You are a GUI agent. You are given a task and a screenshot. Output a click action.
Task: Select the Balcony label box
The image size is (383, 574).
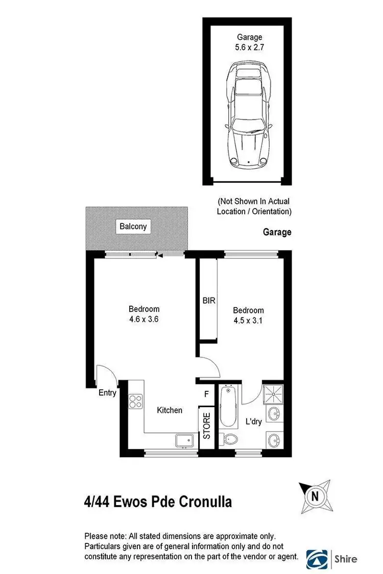coord(133,226)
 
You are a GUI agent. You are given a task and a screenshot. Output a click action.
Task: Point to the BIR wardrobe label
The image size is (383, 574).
coord(208,301)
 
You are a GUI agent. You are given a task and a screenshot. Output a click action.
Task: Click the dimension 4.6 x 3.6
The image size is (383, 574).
coord(143,320)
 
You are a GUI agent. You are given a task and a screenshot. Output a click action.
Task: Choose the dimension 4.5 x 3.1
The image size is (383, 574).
coord(248,321)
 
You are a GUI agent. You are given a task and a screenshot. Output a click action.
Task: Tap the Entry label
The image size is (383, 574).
coord(107,393)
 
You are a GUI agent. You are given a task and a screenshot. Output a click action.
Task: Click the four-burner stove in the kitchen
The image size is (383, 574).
coord(135,401)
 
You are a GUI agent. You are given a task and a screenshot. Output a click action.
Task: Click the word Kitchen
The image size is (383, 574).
coord(170,410)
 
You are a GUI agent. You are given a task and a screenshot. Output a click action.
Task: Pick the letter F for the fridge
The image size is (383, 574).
coord(206,394)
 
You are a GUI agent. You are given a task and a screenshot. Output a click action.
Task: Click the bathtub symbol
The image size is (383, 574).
coord(228,407)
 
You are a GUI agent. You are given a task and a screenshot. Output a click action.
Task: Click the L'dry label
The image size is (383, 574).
coord(254,422)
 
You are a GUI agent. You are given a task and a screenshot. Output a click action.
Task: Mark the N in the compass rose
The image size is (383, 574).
coord(315,496)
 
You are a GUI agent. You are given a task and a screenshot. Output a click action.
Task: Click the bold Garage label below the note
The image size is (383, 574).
coord(277,232)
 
